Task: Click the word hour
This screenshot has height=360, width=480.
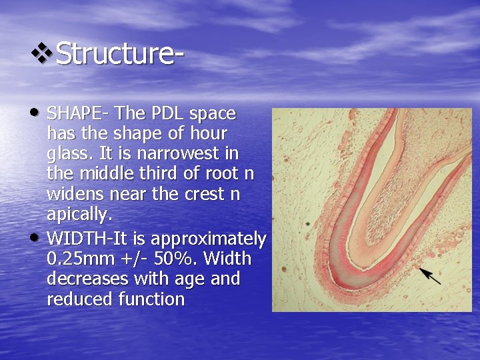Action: (x=207, y=133)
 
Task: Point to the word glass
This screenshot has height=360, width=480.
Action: (x=67, y=153)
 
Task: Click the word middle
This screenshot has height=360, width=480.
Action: (x=99, y=175)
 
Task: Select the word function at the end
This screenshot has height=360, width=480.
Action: (x=151, y=300)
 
